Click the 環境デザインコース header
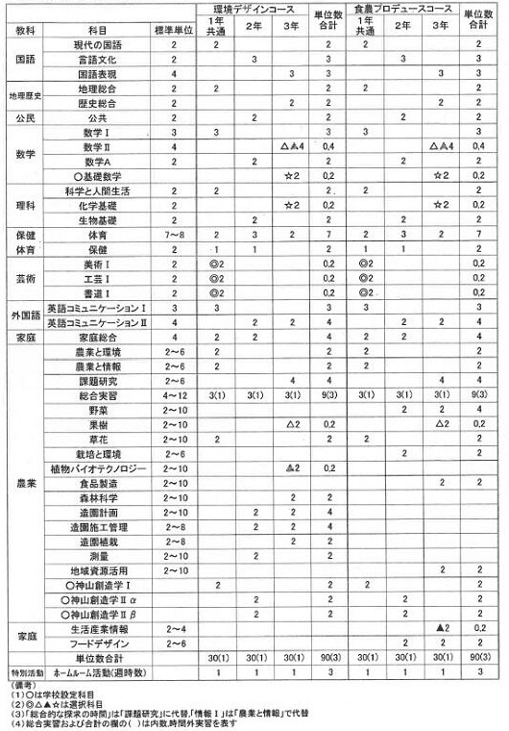(256, 9)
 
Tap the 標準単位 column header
(174, 31)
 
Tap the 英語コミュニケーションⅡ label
(96, 322)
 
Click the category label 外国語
(22, 315)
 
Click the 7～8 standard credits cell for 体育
(174, 235)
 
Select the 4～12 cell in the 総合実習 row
(174, 395)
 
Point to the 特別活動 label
(22, 672)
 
